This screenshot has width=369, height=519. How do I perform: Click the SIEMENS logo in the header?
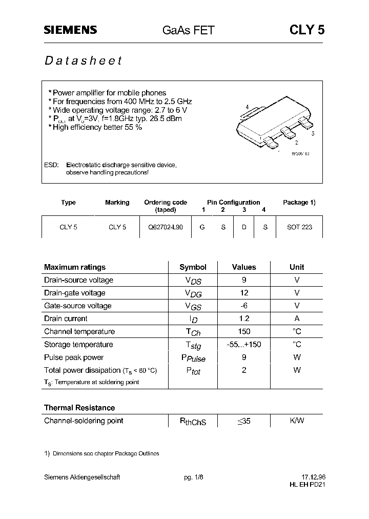(x=70, y=30)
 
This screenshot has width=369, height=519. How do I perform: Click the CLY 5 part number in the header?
(x=307, y=30)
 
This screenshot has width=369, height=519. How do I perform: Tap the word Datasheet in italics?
(x=83, y=61)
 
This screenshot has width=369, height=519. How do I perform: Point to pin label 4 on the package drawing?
(x=247, y=107)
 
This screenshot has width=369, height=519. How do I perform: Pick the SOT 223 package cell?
(x=299, y=227)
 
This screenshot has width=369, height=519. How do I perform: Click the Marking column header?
(x=117, y=203)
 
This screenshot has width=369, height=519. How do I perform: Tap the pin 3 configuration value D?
(x=244, y=227)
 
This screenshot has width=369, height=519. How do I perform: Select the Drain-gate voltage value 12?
(x=244, y=293)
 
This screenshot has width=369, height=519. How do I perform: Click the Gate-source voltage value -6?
(x=244, y=306)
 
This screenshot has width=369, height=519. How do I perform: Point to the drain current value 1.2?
(x=244, y=318)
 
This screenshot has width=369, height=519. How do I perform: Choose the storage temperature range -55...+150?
(x=244, y=344)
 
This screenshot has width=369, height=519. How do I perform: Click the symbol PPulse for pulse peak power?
(x=193, y=358)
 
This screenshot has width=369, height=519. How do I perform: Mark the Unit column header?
(x=297, y=267)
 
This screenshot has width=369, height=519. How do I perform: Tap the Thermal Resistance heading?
(x=79, y=408)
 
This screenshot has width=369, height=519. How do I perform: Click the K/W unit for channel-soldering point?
(x=297, y=421)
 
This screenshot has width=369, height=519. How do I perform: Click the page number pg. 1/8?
(x=193, y=477)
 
